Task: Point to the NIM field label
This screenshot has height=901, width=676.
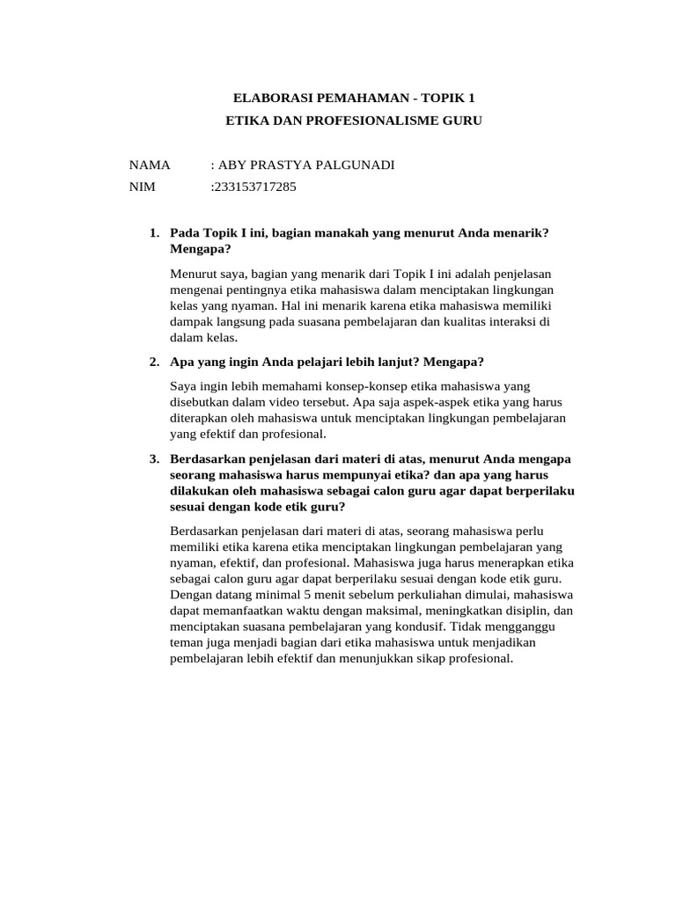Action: tap(142, 187)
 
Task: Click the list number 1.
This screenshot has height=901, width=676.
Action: tap(154, 232)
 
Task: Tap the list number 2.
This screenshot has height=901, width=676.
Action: tap(154, 362)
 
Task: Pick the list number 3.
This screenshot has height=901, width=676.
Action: tap(154, 458)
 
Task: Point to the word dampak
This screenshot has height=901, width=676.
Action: tap(191, 322)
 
